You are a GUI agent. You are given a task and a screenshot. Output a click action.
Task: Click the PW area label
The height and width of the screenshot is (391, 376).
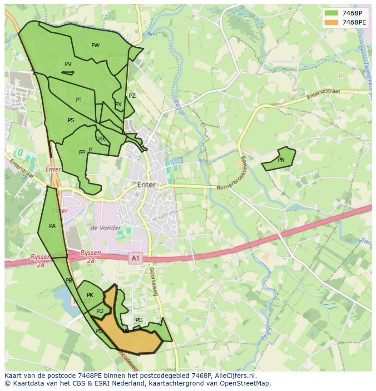point(95,45)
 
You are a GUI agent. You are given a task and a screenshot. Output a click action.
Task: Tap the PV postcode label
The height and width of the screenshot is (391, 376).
point(68,64)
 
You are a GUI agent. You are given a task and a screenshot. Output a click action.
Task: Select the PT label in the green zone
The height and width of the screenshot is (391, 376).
point(79,100)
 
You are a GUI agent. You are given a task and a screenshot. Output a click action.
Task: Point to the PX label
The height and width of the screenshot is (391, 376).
point(118,104)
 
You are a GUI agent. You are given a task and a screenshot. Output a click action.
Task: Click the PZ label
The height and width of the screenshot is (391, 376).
point(132,96)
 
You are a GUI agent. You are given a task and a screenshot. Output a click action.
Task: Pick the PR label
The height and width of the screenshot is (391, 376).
point(101,139)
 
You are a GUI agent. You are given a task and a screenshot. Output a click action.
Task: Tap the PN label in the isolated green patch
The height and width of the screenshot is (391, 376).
point(281,160)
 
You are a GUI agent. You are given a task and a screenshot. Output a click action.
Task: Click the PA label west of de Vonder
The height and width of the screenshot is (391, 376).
point(52,226)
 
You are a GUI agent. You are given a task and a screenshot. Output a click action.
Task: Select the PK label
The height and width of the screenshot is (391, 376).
point(90,295)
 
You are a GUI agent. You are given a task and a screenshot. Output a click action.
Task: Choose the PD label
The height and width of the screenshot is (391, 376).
point(100,311)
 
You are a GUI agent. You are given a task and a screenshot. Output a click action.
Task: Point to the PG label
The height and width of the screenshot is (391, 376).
point(139,320)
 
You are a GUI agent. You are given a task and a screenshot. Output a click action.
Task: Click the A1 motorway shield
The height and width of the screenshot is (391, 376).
point(135,258)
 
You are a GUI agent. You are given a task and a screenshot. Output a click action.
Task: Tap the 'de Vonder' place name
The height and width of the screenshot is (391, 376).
point(105,228)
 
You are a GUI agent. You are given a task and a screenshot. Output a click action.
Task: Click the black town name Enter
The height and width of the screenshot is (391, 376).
point(146,185)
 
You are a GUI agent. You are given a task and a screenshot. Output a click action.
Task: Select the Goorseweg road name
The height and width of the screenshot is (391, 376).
point(153,282)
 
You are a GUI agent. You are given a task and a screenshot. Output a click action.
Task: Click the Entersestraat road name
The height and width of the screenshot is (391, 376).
point(323,94)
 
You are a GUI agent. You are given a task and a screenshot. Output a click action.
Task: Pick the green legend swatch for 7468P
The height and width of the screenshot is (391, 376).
point(331,13)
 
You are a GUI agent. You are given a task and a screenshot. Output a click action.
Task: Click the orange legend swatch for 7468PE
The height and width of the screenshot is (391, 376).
point(331,22)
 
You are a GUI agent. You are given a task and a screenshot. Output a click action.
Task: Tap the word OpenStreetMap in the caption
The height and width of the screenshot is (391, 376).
point(245,383)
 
